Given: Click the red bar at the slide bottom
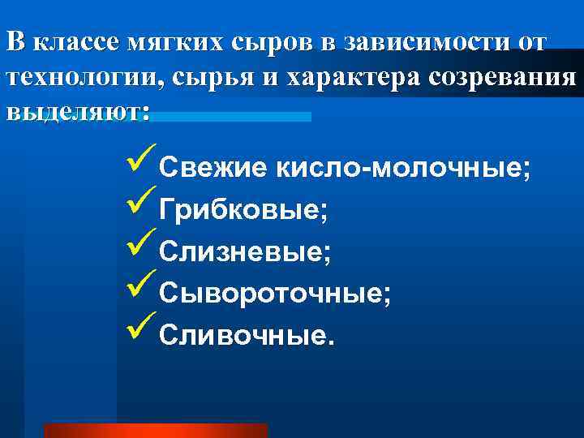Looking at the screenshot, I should click(155, 431).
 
